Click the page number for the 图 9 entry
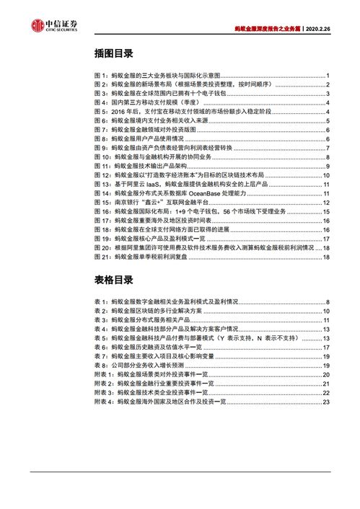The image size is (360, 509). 327,149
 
